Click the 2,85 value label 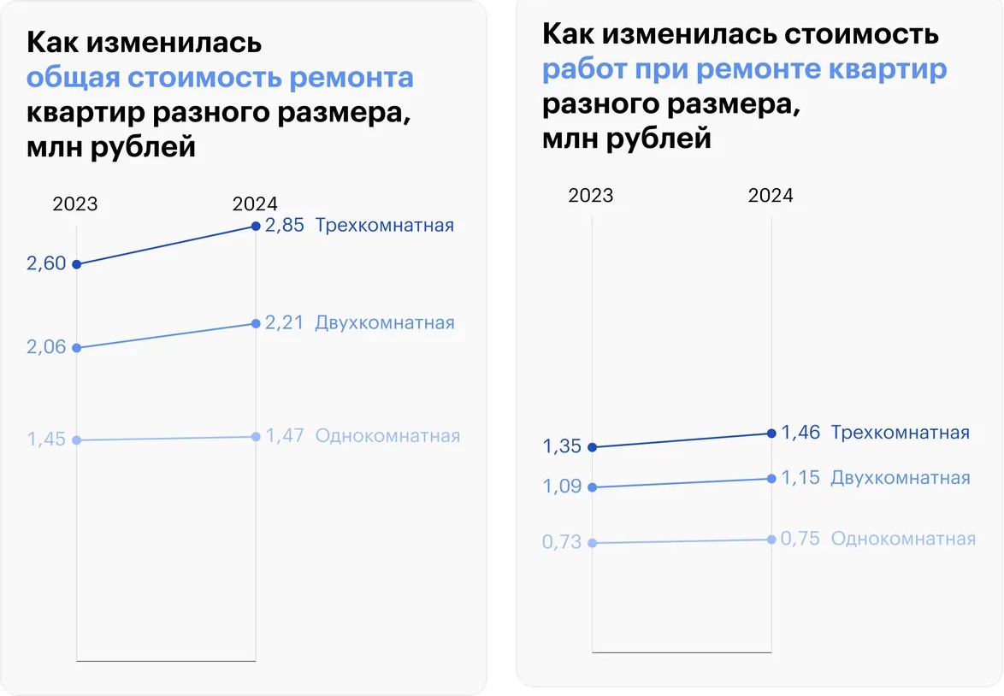[284, 226]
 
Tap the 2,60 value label [46, 264]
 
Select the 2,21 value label [284, 323]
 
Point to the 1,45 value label [46, 439]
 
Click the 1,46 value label [800, 433]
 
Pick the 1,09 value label [562, 487]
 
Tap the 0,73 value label [562, 542]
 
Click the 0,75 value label [800, 540]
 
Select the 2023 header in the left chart [75, 204]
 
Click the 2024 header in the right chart [771, 196]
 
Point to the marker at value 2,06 [77, 348]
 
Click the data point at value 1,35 [592, 447]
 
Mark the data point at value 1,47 [256, 437]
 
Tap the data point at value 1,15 [771, 479]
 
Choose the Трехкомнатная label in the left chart [384, 226]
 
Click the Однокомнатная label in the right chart [903, 540]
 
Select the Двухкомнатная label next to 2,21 [385, 323]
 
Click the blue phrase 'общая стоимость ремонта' [220, 78]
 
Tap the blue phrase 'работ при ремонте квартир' [744, 69]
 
